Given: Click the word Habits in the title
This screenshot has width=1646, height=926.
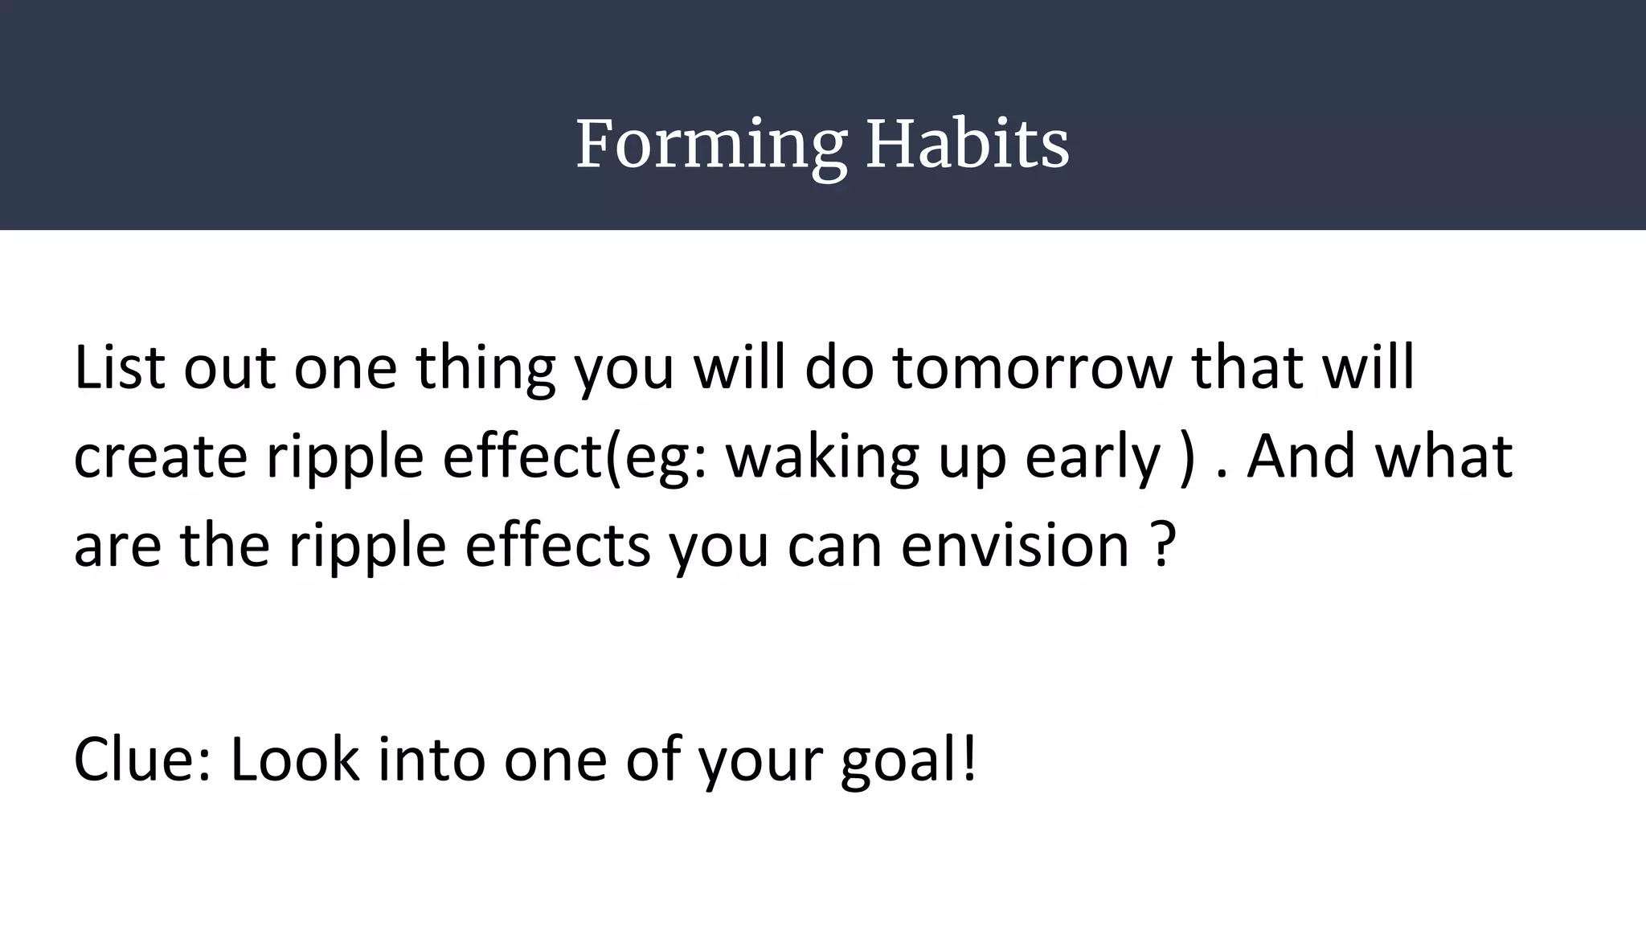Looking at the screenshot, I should point(968,145).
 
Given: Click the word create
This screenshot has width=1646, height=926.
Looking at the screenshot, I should point(160,457).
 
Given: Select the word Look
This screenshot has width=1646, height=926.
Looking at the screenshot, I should point(294,759).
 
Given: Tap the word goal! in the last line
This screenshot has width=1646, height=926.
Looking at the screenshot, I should point(908,760).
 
